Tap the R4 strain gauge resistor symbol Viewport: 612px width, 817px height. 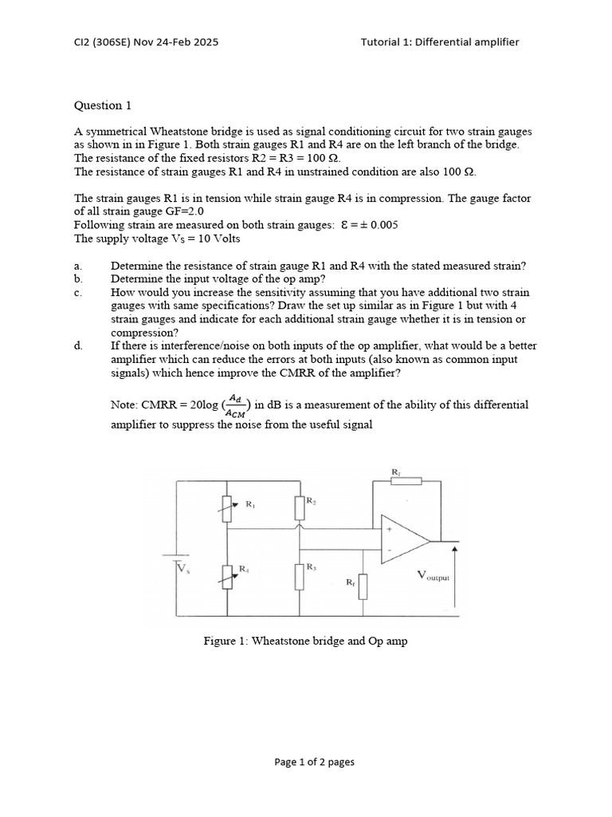tap(228, 575)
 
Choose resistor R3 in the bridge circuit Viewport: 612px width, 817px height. tap(300, 576)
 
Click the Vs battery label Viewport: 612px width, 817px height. tap(183, 568)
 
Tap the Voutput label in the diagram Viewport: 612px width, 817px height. tap(433, 576)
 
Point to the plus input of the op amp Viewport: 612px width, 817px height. tap(390, 529)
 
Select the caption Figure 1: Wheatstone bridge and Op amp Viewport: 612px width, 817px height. tap(306, 641)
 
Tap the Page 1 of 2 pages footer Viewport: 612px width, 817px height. tap(314, 762)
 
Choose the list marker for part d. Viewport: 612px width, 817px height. tap(77, 345)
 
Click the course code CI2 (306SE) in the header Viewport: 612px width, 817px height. tap(108, 41)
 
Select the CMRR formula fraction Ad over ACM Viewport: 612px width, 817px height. tap(236, 405)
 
